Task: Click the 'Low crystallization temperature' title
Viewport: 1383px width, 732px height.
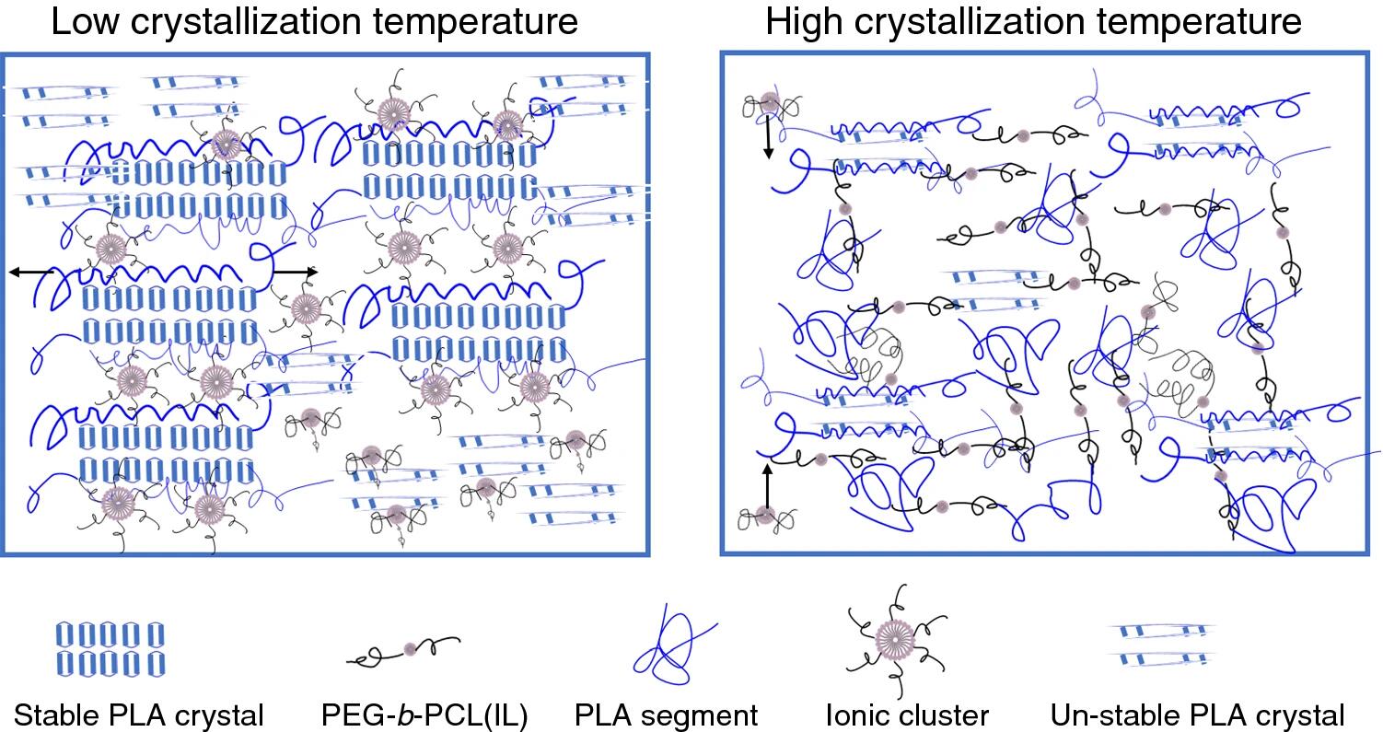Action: (315, 22)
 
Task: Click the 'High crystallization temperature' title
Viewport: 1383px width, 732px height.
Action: (1034, 22)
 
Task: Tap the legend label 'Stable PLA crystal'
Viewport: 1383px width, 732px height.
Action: (140, 715)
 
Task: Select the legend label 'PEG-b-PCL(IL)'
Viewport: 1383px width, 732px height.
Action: (424, 715)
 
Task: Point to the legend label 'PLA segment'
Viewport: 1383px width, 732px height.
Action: (667, 715)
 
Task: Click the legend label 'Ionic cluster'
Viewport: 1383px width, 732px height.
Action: (908, 715)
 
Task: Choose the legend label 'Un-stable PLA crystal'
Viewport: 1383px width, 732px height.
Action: (1197, 715)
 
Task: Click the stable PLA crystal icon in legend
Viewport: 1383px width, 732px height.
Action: (110, 648)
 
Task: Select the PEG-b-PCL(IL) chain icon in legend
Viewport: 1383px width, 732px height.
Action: (402, 650)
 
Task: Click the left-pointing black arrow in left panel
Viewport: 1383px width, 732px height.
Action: (29, 272)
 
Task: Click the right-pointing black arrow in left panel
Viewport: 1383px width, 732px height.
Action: (296, 272)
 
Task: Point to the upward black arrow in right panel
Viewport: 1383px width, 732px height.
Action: (766, 484)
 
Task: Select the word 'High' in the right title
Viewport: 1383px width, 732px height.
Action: (801, 22)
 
